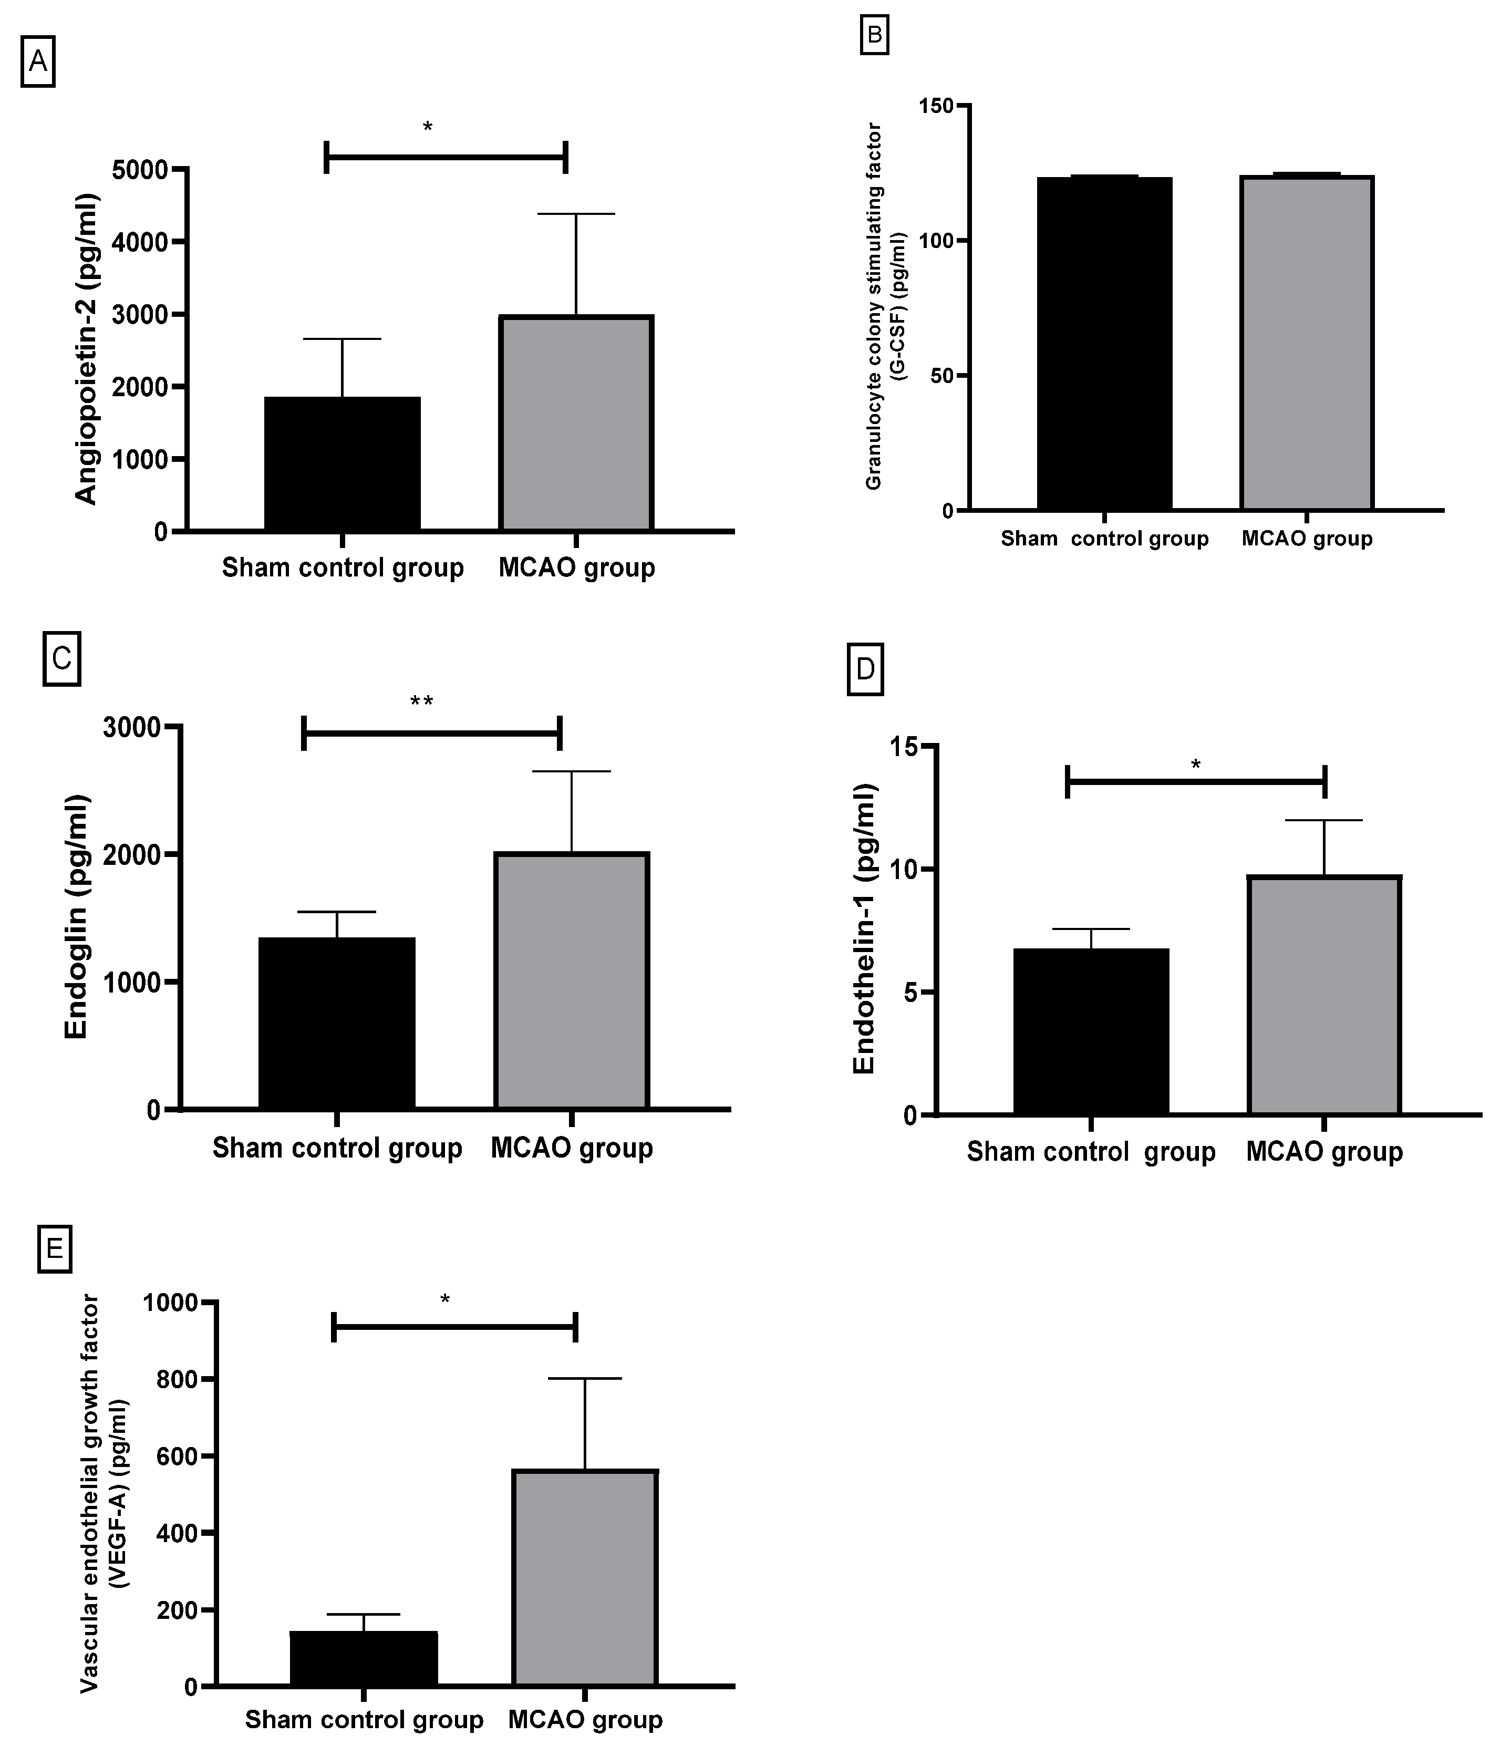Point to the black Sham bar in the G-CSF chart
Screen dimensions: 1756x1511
pos(1104,343)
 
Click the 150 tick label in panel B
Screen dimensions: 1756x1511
pos(936,106)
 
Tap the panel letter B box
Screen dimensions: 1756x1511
pos(874,36)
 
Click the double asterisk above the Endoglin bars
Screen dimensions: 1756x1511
pos(421,702)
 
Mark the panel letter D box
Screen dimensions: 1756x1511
pos(865,669)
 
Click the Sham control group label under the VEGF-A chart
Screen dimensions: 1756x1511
pos(364,1720)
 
